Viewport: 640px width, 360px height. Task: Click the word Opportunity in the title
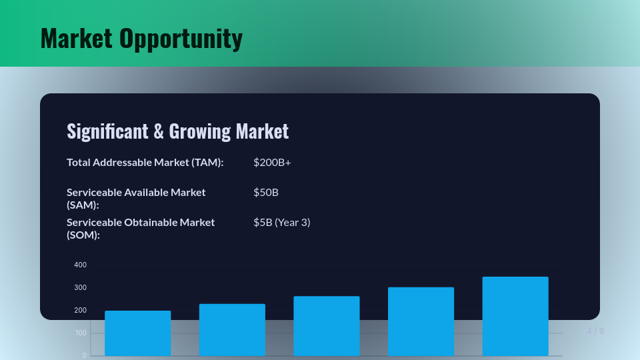[x=181, y=39]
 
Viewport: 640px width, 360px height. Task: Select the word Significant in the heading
[x=107, y=131]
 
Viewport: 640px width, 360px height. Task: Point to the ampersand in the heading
[x=159, y=131]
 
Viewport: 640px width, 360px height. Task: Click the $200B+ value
[x=272, y=162]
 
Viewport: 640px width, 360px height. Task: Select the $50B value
[x=266, y=192]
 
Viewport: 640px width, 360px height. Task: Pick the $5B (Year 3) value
[x=282, y=222]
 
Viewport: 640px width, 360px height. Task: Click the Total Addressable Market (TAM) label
[x=145, y=162]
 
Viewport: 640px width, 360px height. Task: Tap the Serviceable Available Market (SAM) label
[x=136, y=198]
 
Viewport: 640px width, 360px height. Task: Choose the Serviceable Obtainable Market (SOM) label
[x=141, y=228]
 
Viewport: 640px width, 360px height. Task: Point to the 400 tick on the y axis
[x=80, y=265]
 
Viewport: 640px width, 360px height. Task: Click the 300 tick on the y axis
[x=80, y=287]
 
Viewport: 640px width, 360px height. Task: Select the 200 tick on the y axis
[x=80, y=310]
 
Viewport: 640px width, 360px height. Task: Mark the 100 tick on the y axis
[x=80, y=333]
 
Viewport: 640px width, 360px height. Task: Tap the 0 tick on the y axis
[x=84, y=355]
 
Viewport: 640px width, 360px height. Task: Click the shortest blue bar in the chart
[x=137, y=333]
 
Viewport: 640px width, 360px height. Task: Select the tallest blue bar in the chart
[x=515, y=316]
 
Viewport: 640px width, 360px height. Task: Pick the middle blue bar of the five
[x=326, y=325]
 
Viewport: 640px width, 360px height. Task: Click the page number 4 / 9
[x=595, y=331]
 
